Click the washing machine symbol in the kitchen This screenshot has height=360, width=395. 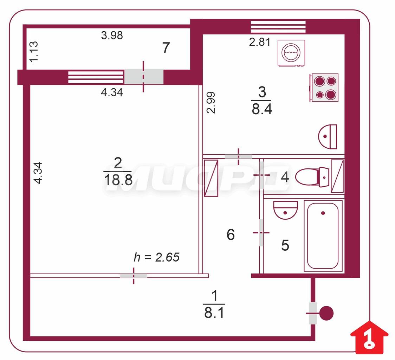coord(291,53)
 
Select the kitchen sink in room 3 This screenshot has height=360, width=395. coord(328,136)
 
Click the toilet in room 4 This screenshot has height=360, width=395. coord(312,177)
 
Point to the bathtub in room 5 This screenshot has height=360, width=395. coord(323,236)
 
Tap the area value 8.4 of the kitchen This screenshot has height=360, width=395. coord(262,109)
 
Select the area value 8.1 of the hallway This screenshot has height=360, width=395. coord(214,313)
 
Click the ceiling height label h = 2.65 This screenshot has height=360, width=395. coord(156,257)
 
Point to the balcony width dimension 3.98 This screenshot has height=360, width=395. coord(112,35)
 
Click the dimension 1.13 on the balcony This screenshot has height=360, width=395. coord(34,51)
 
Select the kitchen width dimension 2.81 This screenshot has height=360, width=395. coord(260,42)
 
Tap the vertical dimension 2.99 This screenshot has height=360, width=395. coord(211,102)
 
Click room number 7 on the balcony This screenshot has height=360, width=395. coord(166,48)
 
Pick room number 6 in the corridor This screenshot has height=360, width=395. coord(231,234)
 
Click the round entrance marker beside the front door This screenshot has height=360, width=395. coord(326,313)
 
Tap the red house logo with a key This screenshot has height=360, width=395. coord(369,337)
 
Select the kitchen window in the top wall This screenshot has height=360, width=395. coord(278,27)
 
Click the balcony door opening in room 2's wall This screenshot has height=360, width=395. coord(144,77)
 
